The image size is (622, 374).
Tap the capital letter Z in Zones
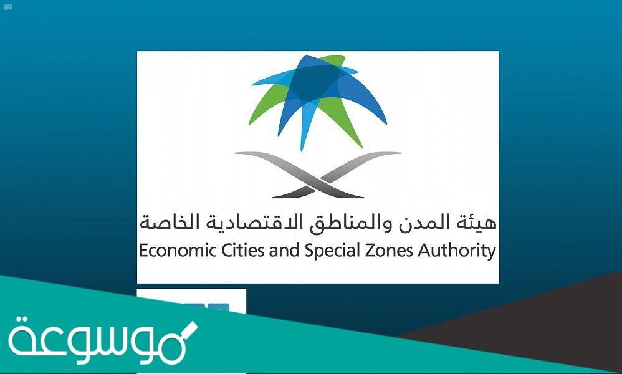pyautogui.click(x=349, y=251)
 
